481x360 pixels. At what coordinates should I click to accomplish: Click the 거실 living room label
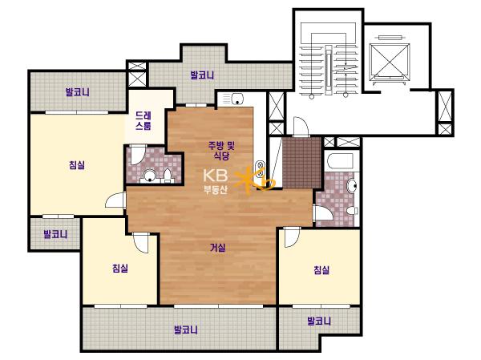click(217, 248)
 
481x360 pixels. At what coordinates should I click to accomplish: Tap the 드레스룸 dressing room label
click(143, 120)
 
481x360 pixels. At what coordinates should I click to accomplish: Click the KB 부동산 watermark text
click(216, 181)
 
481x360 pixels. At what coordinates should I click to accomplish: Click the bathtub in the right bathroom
click(340, 161)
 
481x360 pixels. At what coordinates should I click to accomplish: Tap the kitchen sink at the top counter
click(237, 99)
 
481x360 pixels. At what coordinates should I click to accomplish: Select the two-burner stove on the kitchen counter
click(261, 169)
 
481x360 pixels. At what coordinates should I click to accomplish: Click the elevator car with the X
click(390, 60)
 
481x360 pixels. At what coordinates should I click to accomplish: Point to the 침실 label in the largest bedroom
click(77, 165)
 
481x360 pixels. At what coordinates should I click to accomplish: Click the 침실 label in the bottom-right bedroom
click(321, 270)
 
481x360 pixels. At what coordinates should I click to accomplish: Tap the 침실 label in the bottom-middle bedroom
click(120, 269)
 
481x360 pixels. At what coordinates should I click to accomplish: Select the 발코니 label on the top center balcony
click(202, 75)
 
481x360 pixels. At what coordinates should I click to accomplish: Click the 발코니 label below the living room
click(186, 330)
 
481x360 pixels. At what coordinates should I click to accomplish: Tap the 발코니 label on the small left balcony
click(55, 234)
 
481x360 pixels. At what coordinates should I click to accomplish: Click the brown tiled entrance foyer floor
click(301, 163)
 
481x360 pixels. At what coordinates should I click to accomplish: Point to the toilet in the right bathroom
click(352, 211)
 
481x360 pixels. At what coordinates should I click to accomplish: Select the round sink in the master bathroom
click(150, 176)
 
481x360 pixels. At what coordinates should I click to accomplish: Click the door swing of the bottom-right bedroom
click(291, 237)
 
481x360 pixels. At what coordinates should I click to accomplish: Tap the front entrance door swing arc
click(301, 126)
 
